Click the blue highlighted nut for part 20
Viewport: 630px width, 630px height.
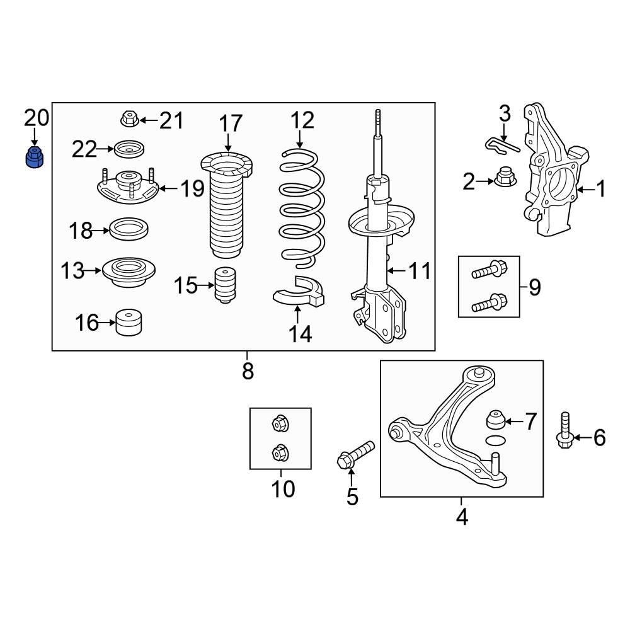pos(34,157)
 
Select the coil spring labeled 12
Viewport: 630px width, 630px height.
pos(302,208)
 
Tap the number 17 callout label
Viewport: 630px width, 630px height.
pos(230,123)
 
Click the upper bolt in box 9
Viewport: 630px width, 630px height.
pos(488,272)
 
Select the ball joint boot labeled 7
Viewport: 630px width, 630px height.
pos(495,418)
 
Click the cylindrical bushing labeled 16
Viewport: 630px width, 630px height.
pos(129,323)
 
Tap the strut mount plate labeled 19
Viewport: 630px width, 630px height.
pos(129,188)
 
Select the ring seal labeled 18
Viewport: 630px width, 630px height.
pos(129,229)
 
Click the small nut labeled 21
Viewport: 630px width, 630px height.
pos(129,118)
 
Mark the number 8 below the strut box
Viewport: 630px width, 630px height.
pos(248,370)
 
